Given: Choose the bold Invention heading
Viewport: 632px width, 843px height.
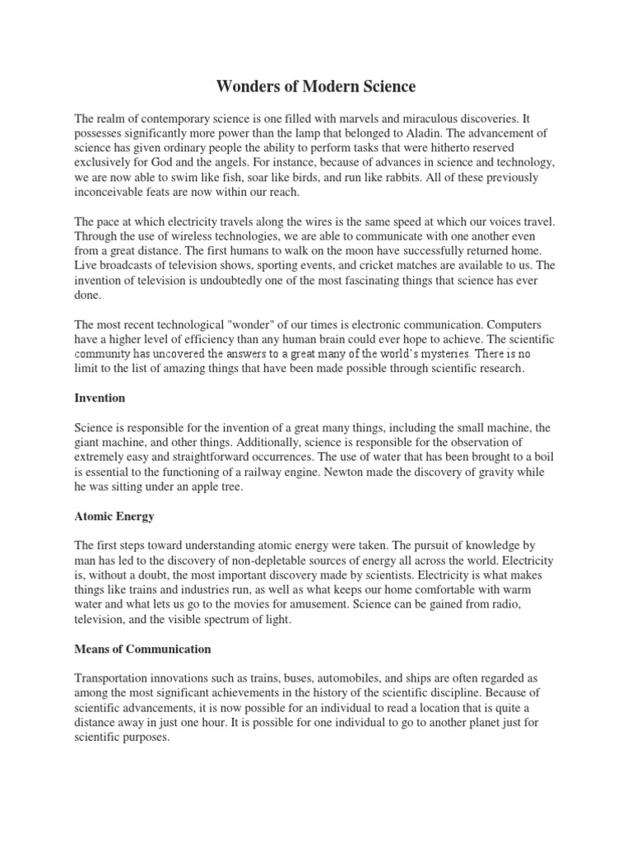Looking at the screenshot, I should point(100,398).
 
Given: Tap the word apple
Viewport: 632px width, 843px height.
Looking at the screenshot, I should point(189,487).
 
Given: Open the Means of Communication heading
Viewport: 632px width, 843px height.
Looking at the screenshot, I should point(142,649).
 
